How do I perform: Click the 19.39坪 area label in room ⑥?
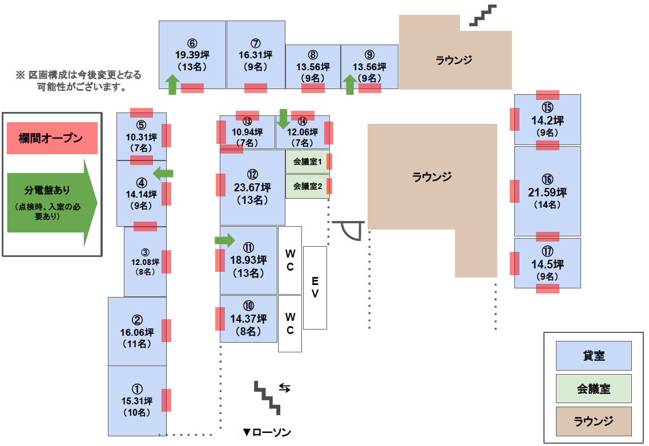point(192,55)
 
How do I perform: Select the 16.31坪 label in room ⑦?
point(255,55)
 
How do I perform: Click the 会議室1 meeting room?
point(308,162)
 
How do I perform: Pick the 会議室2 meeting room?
point(308,186)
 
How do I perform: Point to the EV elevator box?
point(315,287)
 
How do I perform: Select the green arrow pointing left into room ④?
point(163,173)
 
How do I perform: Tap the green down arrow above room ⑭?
point(283,119)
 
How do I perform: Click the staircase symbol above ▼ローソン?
point(268,397)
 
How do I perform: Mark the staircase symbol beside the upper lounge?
point(483,15)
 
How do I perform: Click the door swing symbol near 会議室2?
point(350,230)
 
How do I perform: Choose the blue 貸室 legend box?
point(594,356)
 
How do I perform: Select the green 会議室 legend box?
point(594,389)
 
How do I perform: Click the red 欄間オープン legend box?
point(52,138)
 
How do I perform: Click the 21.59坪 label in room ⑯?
point(547,192)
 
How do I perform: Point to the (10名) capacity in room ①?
point(137,413)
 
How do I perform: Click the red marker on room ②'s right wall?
point(167,331)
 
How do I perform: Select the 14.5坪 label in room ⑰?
point(547,265)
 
